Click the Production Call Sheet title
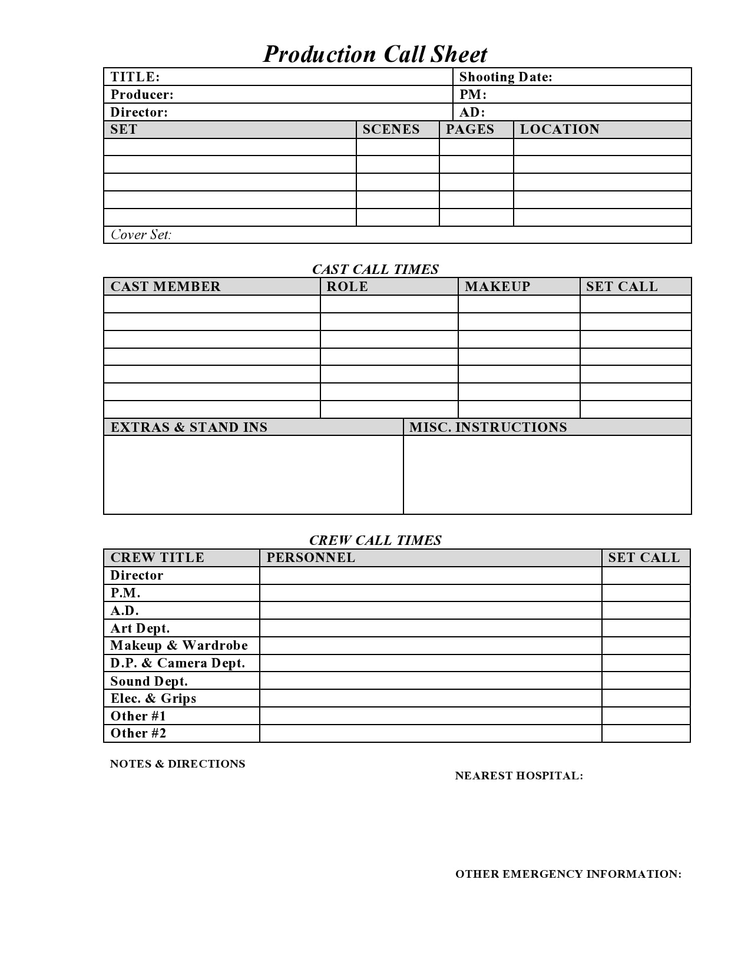tap(375, 54)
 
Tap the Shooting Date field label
tap(505, 77)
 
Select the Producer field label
tap(142, 94)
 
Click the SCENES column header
tap(391, 129)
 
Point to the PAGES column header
tap(470, 129)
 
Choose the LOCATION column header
tap(560, 129)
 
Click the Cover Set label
tap(141, 234)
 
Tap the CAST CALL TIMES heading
tap(375, 269)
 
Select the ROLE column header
tap(348, 286)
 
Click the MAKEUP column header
tap(498, 286)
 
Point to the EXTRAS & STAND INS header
tap(189, 427)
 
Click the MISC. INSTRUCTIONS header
tap(488, 427)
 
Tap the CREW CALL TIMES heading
tap(375, 540)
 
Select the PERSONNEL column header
tap(311, 557)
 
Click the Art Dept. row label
tap(140, 628)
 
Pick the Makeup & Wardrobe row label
tap(179, 645)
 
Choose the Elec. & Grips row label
tap(154, 698)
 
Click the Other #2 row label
tap(138, 733)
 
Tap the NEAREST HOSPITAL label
tap(519, 775)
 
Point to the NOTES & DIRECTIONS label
tap(177, 763)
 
